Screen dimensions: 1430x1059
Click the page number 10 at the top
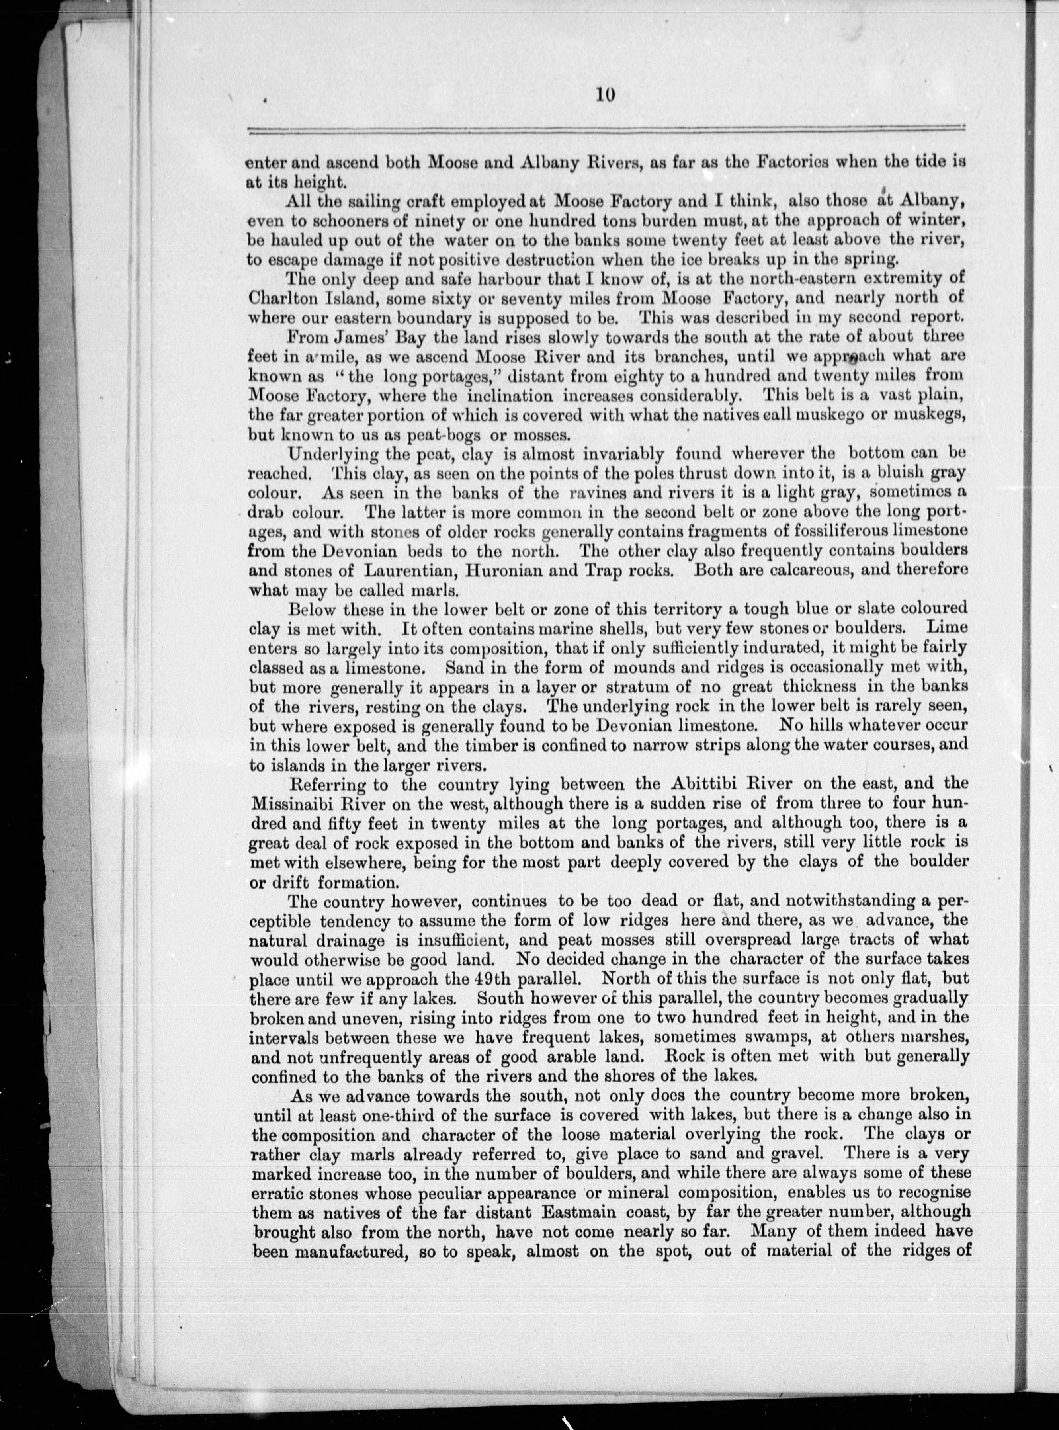tap(604, 94)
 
